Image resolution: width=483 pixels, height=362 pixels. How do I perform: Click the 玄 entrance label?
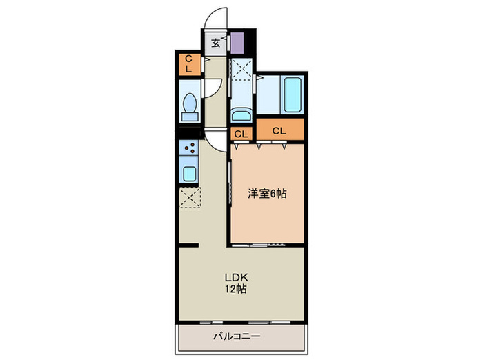215,43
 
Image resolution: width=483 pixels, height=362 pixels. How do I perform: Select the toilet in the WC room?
189,104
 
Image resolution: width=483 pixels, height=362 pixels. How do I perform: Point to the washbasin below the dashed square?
241,114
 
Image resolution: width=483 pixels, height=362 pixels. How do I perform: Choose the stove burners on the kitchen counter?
189,149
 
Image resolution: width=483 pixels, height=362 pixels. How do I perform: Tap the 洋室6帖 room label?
267,194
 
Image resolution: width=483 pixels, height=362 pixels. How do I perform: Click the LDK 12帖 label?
235,283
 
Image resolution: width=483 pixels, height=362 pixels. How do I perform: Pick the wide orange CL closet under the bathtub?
279,130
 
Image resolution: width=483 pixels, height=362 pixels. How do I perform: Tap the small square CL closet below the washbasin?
241,134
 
